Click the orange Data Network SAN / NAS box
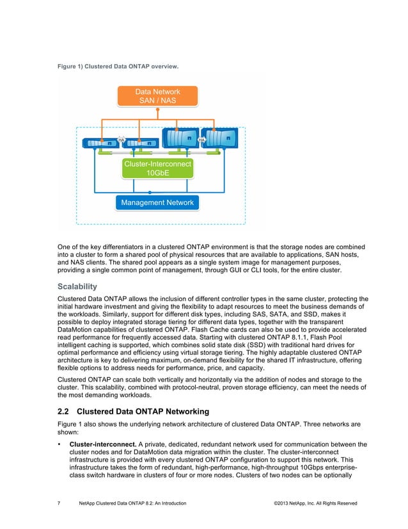157,97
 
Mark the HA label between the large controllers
201,140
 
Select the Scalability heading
78,288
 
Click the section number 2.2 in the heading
65,412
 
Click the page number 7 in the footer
59,504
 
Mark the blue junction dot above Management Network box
150,192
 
